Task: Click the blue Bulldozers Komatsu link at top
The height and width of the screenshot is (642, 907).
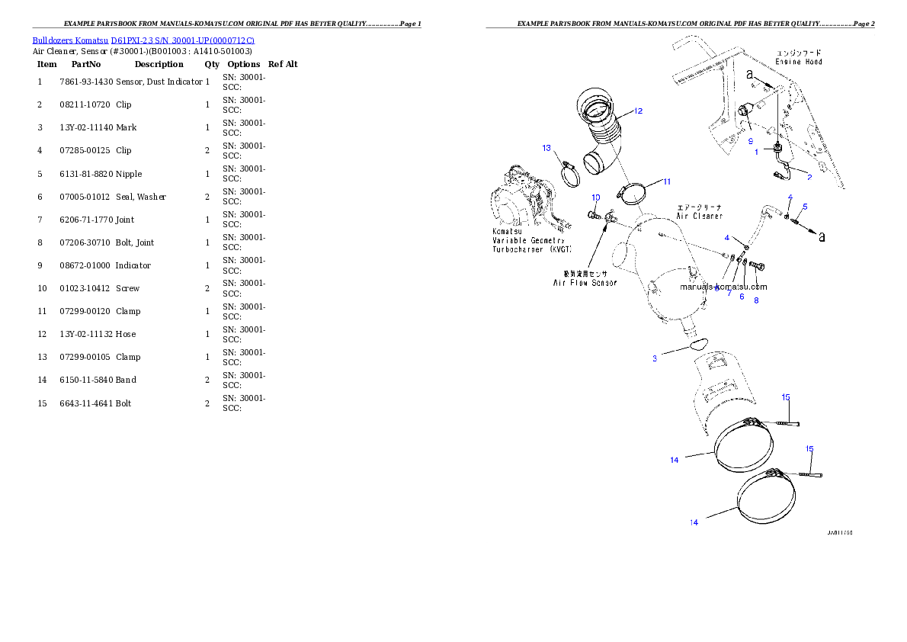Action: [x=143, y=40]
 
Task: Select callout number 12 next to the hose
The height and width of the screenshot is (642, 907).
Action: [x=638, y=111]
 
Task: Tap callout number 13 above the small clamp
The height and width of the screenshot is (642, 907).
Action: [x=546, y=148]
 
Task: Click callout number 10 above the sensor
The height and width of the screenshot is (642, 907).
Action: [x=596, y=197]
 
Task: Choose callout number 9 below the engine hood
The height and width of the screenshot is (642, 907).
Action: [x=750, y=142]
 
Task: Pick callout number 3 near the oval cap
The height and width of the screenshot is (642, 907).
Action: [x=654, y=358]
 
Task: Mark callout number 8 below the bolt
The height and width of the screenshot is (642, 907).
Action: [x=756, y=300]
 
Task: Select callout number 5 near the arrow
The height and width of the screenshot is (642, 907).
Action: [x=805, y=207]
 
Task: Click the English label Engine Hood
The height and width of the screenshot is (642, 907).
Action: [x=798, y=61]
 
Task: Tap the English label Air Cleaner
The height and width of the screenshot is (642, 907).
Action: [x=699, y=216]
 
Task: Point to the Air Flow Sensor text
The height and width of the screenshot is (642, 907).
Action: [x=585, y=282]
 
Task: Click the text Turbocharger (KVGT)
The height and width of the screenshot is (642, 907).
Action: [x=531, y=249]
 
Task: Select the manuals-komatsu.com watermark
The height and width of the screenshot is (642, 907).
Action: [x=723, y=287]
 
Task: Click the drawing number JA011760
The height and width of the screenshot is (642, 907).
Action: [x=839, y=533]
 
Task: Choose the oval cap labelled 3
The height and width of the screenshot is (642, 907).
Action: [x=698, y=346]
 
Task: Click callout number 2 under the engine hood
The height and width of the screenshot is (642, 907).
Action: [x=809, y=177]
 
